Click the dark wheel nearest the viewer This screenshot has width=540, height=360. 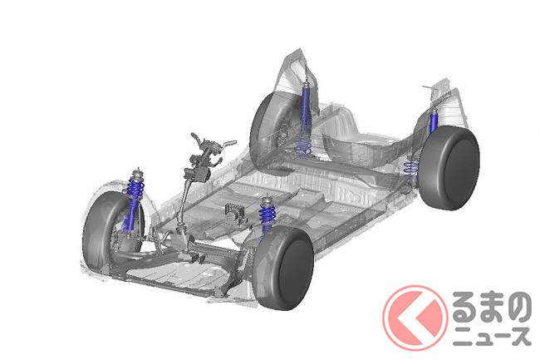282,268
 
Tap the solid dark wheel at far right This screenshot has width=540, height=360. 449,168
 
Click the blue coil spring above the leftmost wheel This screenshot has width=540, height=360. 135,189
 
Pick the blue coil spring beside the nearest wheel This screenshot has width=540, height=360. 267,214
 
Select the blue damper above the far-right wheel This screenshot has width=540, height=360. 434,121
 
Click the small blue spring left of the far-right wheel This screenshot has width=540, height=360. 410,167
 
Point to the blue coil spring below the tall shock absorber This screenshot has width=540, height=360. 303,145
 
